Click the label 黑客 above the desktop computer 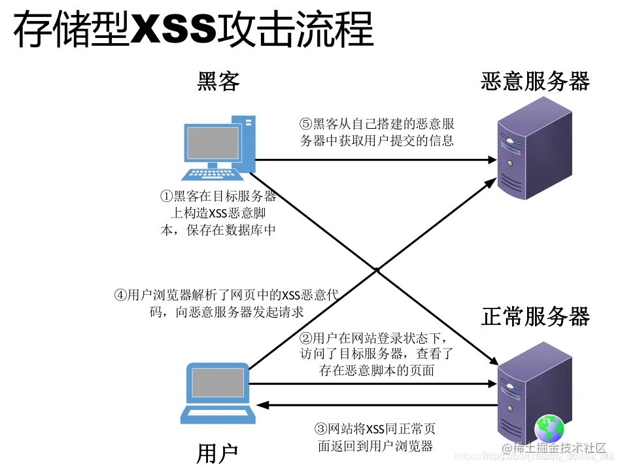pyautogui.click(x=218, y=82)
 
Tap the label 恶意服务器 pyautogui.click(x=535, y=82)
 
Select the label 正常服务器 pyautogui.click(x=535, y=316)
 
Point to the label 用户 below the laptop pyautogui.click(x=217, y=453)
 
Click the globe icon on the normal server pyautogui.click(x=549, y=429)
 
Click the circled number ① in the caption pyautogui.click(x=166, y=197)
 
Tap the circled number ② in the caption pyautogui.click(x=305, y=339)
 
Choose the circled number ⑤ pyautogui.click(x=306, y=124)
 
